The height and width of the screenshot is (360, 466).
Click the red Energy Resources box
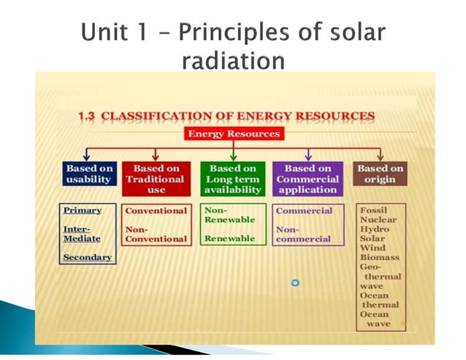click(234, 134)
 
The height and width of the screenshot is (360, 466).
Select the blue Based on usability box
click(88, 174)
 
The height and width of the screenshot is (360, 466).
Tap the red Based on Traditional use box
click(156, 179)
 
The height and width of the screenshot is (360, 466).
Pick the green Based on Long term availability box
click(233, 179)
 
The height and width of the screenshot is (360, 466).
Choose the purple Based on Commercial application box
click(308, 179)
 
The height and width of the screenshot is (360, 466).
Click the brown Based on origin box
click(380, 174)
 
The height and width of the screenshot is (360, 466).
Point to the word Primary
click(82, 210)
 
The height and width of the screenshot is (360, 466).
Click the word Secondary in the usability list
click(87, 257)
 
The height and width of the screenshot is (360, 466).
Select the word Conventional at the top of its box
click(156, 210)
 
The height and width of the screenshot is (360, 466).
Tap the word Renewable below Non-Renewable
click(229, 238)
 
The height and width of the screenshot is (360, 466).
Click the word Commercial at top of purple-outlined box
click(304, 210)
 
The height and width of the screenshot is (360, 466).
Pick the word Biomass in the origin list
click(380, 257)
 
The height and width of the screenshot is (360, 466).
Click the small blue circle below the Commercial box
click(296, 283)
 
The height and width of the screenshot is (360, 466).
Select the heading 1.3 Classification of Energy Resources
click(226, 116)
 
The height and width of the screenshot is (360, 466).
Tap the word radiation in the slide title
click(233, 61)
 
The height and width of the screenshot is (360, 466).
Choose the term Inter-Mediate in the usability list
click(82, 234)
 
